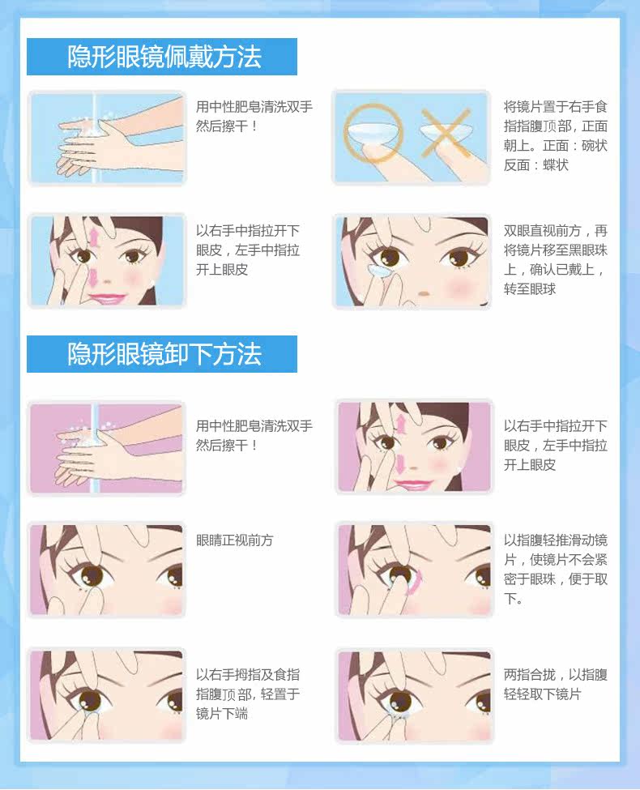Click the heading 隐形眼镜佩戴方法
coord(164,57)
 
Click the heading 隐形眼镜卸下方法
coord(164,354)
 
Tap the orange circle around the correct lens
coord(373,133)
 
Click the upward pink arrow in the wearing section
coord(95,237)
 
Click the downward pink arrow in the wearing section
coord(93,277)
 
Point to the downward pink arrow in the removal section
coord(399,463)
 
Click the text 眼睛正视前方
coord(234,540)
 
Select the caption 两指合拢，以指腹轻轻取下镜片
coord(555,684)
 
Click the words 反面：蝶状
coord(536,164)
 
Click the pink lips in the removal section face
coord(413,485)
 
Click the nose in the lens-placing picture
coord(424,293)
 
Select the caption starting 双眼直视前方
coord(555,260)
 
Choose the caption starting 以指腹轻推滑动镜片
coord(555,570)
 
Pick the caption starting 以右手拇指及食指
coord(248,694)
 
